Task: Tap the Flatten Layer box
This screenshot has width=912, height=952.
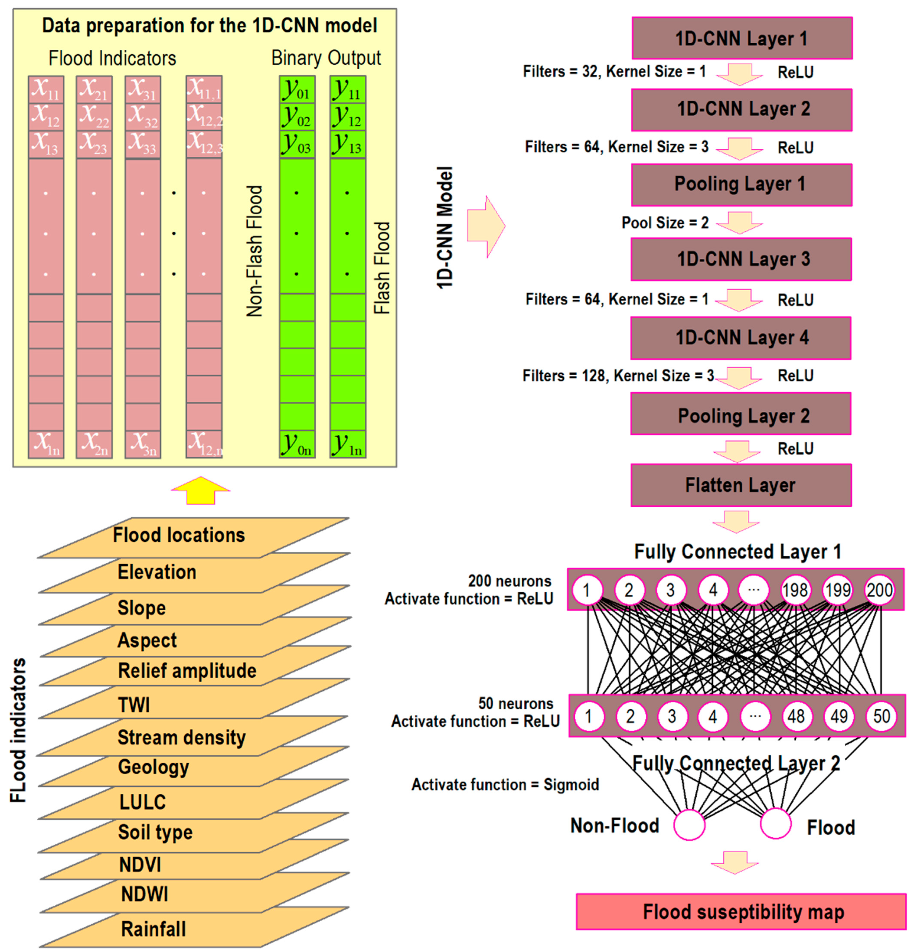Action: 741,485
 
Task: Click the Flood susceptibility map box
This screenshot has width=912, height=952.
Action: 741,912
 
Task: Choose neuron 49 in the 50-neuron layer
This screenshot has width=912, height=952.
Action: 839,716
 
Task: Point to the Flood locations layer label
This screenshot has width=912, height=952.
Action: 179,535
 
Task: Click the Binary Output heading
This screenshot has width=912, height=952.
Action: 326,58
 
